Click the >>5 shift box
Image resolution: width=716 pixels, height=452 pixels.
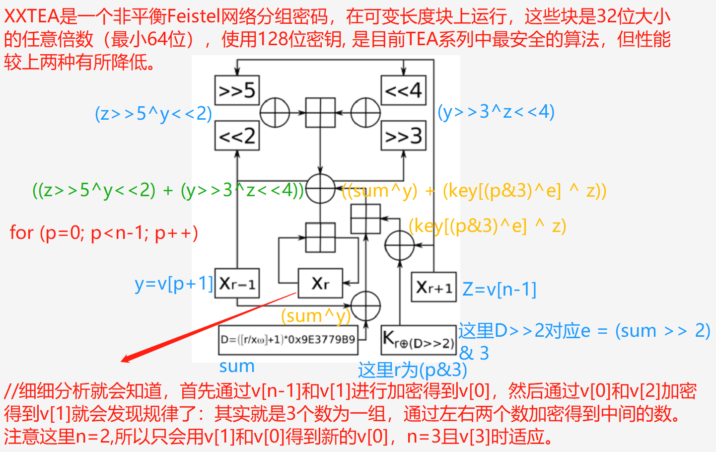237,90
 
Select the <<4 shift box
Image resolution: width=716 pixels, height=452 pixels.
403,90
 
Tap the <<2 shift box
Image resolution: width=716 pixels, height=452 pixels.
237,136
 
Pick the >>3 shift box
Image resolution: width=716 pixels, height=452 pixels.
403,136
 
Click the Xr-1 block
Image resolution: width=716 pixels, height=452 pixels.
237,284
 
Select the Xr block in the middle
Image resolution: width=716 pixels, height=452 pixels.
320,284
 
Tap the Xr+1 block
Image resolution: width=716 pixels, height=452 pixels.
433,287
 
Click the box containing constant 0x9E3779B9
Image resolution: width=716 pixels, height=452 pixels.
288,340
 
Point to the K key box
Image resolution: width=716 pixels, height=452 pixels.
418,340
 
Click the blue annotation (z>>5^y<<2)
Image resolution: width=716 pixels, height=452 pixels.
153,114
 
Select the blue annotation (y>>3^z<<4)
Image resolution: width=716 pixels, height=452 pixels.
496,112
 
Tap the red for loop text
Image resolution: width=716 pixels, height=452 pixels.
104,232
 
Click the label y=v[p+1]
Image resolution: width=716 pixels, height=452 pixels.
174,284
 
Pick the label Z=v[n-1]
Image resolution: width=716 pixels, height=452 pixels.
499,289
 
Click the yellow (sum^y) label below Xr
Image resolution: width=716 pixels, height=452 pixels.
315,316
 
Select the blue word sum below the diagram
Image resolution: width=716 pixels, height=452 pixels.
237,367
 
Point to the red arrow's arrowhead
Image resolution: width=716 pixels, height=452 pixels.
125,359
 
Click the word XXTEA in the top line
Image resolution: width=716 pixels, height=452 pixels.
31,16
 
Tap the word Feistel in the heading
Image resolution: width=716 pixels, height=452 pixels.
193,16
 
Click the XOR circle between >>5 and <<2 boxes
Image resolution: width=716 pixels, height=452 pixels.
275,113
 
